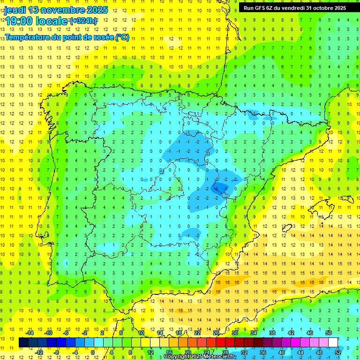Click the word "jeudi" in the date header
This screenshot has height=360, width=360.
click(x=15, y=10)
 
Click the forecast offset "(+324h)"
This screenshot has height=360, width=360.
click(x=83, y=21)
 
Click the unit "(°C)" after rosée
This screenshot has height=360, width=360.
click(x=122, y=37)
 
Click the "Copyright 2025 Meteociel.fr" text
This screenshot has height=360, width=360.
click(x=200, y=357)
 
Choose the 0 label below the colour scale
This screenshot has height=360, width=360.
click(x=92, y=352)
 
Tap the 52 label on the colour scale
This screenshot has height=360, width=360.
click(x=338, y=352)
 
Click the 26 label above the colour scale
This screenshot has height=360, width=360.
click(x=216, y=332)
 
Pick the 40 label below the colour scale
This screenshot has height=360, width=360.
click(x=281, y=352)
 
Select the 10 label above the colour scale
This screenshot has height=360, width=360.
click(x=141, y=332)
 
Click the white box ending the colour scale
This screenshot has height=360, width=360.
click(x=333, y=342)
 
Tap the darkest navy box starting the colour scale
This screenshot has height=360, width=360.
click(x=23, y=342)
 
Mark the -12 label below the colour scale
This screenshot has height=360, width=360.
click(x=39, y=352)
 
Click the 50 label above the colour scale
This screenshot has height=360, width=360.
click(x=328, y=332)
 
